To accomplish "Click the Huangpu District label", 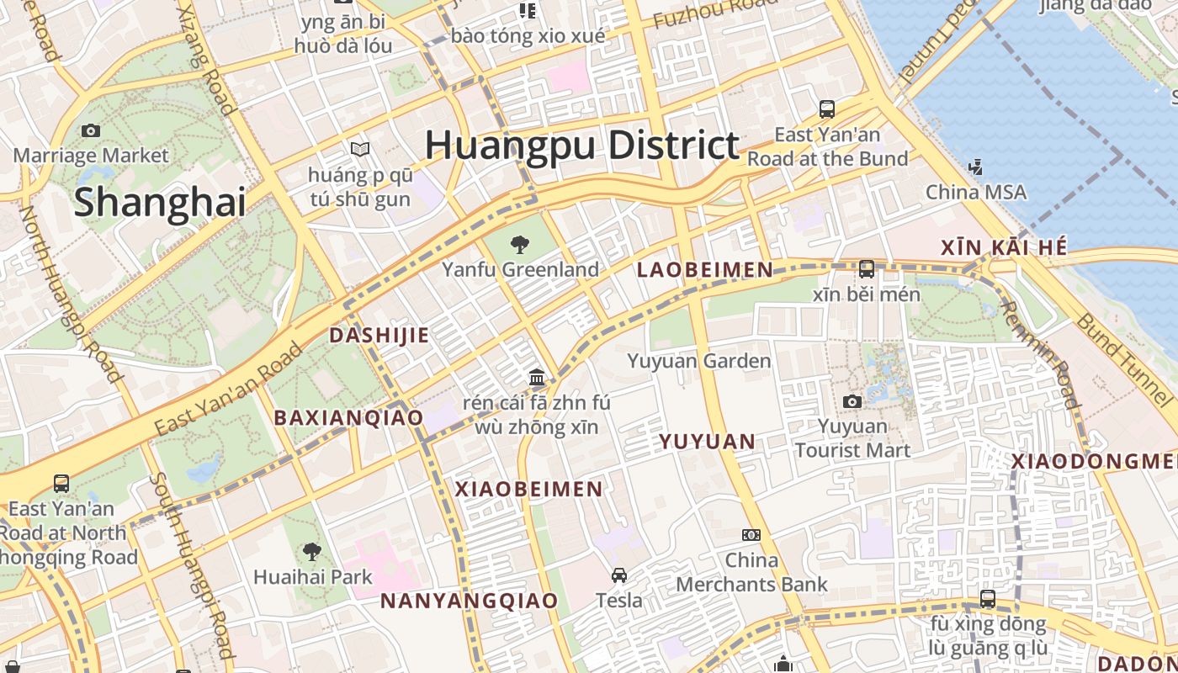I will tap(581, 146).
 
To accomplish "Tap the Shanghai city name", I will tap(160, 203).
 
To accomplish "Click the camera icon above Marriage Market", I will tap(91, 130).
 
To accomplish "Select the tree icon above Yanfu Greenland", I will tap(520, 245).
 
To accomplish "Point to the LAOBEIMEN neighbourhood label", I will tap(704, 270).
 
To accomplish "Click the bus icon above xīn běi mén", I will tap(867, 269).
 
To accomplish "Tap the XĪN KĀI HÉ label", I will tap(1004, 247).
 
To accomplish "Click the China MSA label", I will tap(976, 193).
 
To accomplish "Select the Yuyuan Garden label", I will tap(698, 361).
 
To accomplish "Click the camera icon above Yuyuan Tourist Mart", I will tap(852, 401).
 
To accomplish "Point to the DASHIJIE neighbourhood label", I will tap(379, 335).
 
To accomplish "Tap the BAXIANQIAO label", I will tap(348, 417).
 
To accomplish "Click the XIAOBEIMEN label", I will tap(529, 489).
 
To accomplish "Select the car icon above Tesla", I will tap(619, 575).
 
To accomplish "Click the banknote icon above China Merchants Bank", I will tap(751, 535).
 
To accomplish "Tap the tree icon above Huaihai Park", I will tap(312, 552).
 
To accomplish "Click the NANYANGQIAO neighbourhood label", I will tap(469, 601).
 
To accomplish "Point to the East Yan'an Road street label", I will tap(228, 389).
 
